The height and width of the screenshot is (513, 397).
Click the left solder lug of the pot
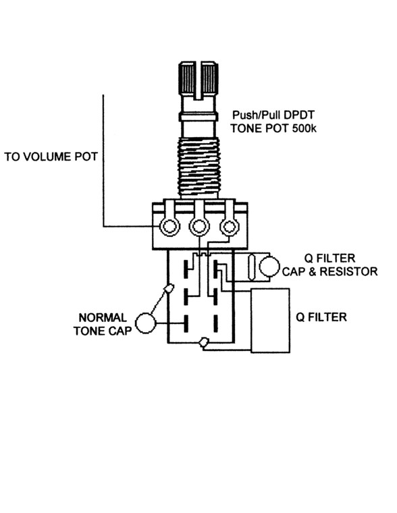click(169, 225)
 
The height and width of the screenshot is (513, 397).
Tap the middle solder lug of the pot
click(199, 225)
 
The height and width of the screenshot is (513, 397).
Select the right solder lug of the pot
click(229, 226)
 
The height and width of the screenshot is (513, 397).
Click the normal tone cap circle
click(145, 323)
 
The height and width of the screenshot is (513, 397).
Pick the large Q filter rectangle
click(270, 321)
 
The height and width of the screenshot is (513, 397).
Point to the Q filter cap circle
click(269, 267)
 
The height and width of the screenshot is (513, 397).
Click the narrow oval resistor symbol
click(252, 267)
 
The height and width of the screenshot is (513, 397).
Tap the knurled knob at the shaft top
click(198, 78)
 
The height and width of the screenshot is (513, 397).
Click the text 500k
click(304, 128)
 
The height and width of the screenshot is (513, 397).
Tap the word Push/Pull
click(257, 115)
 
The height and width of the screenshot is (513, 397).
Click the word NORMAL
click(103, 318)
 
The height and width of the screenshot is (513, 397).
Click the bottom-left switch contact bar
click(186, 323)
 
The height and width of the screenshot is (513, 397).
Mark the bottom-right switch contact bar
click(215, 323)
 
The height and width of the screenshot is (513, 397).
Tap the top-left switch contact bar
click(186, 269)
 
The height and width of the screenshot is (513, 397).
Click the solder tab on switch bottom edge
click(203, 342)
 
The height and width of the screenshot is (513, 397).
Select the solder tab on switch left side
click(169, 289)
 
